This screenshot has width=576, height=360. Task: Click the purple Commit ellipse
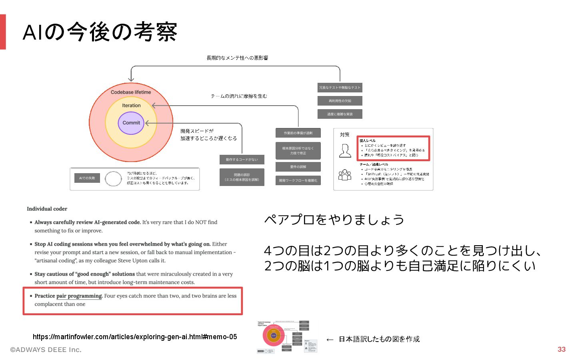(131, 123)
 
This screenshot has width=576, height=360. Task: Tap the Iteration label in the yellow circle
(131, 106)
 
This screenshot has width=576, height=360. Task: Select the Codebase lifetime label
(131, 92)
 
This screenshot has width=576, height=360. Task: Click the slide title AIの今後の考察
(100, 32)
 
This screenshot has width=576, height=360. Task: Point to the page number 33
(562, 349)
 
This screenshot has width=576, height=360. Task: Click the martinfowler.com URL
(135, 337)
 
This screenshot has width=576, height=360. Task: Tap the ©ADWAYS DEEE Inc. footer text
(46, 350)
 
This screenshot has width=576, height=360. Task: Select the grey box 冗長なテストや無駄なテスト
(340, 88)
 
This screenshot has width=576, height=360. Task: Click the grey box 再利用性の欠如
(340, 101)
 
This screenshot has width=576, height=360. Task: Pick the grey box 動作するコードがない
(242, 160)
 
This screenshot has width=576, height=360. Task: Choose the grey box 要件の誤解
(298, 167)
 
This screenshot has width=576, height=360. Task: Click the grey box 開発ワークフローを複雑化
(298, 180)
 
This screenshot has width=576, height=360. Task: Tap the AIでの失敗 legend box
(87, 178)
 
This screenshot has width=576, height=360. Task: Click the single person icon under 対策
(345, 151)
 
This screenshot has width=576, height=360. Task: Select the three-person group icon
(344, 175)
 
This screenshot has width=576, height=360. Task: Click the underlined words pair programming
(79, 296)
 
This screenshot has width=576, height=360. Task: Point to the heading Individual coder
(47, 209)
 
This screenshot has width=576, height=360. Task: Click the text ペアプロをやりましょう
(334, 220)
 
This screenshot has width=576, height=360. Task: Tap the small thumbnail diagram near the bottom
(287, 336)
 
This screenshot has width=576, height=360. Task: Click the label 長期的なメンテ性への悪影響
(237, 58)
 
